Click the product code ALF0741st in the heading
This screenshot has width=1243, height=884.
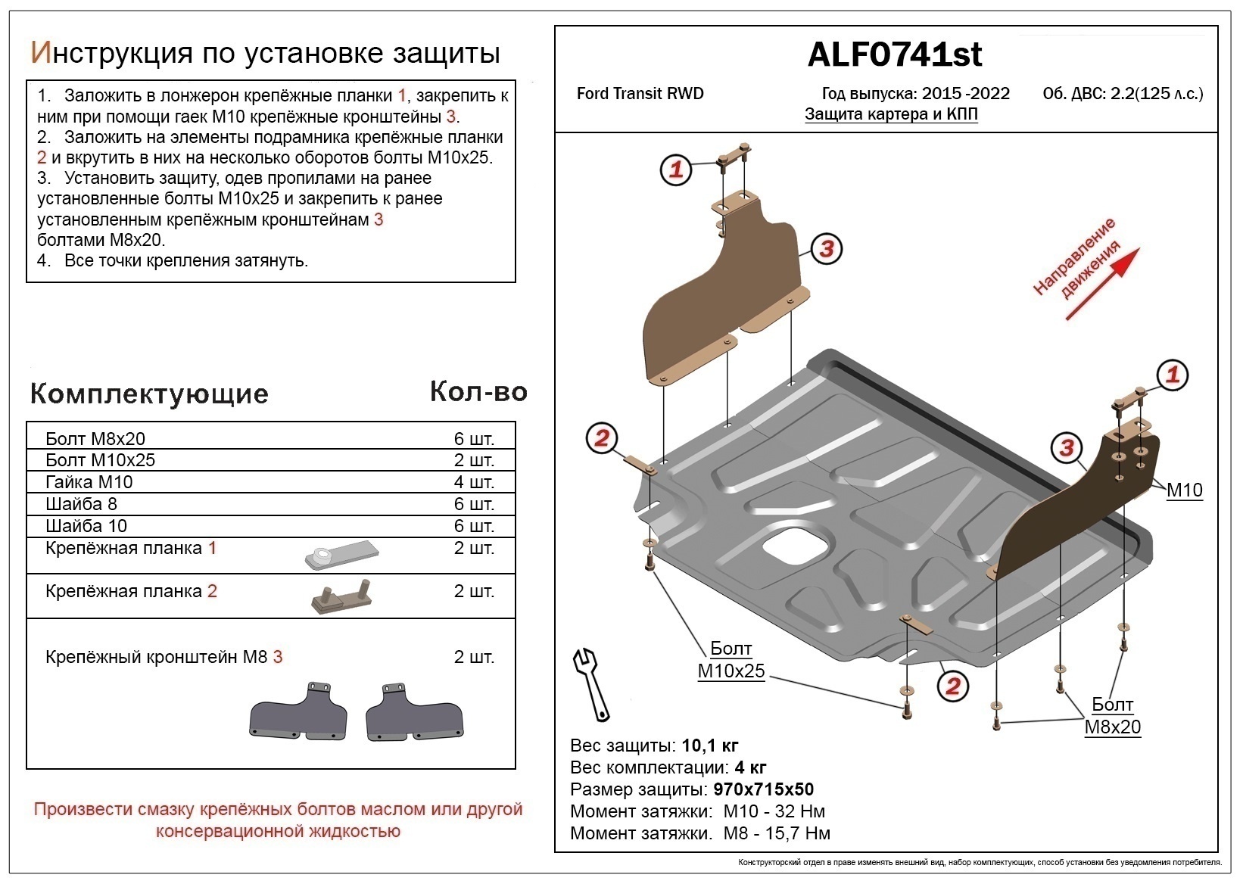[894, 54]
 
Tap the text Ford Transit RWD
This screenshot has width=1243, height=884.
[640, 94]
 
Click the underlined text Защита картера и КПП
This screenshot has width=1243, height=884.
[891, 114]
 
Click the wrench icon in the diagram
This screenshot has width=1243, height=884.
[590, 683]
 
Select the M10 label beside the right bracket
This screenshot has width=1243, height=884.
[1184, 490]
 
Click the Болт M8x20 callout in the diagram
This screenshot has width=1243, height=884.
[1112, 716]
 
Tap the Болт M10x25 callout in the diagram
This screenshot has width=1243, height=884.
[731, 660]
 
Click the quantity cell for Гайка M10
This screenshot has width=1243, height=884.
[473, 482]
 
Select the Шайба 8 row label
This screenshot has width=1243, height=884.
[81, 504]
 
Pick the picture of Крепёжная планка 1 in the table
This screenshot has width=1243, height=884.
[340, 555]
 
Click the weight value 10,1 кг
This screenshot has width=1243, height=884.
[709, 746]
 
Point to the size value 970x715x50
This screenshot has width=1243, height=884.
[763, 790]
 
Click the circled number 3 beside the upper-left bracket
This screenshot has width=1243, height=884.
[826, 248]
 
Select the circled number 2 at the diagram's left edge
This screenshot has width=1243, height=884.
[602, 438]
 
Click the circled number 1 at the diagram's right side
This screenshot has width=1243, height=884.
[1173, 375]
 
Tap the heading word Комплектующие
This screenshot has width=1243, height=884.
[149, 394]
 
